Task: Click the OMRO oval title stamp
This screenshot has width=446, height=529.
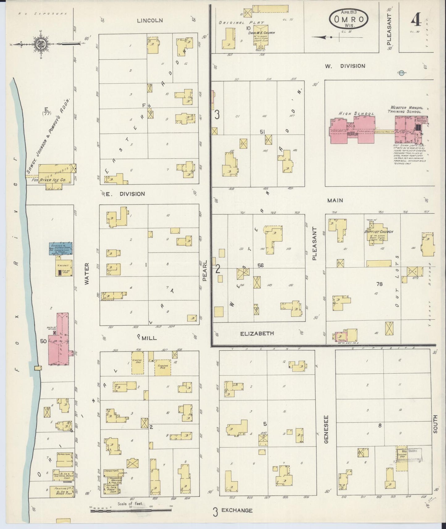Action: (349, 18)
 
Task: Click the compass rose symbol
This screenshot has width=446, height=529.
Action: (40, 44)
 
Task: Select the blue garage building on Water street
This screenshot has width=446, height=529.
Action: (60, 248)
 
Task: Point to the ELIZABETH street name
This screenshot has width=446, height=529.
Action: (257, 334)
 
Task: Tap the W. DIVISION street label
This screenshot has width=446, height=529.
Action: (345, 66)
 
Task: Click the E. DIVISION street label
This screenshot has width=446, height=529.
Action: (125, 194)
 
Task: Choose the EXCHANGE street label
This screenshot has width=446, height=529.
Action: (237, 510)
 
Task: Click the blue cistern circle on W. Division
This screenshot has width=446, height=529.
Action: (401, 73)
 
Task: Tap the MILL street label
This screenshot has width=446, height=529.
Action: (149, 338)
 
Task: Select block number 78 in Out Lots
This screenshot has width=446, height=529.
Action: (379, 284)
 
